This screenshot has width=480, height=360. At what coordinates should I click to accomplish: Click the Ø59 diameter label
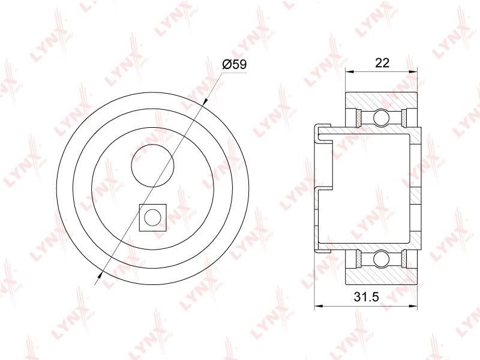(x=234, y=64)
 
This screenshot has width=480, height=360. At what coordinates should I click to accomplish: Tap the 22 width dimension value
(x=382, y=63)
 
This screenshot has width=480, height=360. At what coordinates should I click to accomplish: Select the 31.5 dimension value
(x=366, y=296)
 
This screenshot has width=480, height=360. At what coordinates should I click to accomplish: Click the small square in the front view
(x=153, y=217)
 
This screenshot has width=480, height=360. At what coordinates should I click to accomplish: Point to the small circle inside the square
(x=153, y=217)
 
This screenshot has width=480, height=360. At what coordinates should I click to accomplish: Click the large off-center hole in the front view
(x=152, y=166)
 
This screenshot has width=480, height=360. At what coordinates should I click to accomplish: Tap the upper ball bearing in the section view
(x=381, y=118)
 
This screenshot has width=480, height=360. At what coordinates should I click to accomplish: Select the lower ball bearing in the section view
(x=381, y=258)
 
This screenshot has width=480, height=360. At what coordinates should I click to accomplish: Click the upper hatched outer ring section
(x=382, y=100)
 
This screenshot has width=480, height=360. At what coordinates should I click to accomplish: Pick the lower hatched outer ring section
(x=382, y=275)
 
